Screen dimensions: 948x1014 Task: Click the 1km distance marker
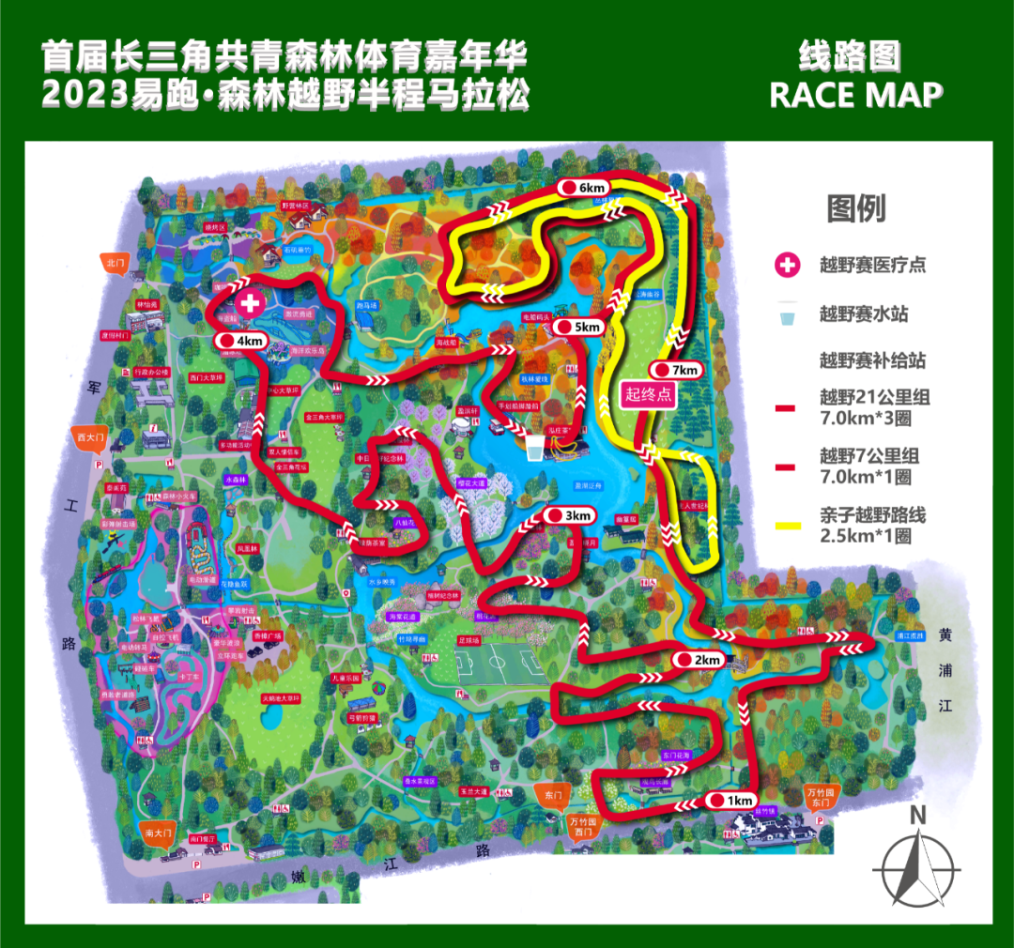pos(730,801)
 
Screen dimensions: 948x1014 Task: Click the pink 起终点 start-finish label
pos(649,394)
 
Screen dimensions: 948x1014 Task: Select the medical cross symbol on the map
pos(251,303)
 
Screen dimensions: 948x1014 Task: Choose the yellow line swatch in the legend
pos(787,526)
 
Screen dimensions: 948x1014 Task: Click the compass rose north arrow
pos(916,864)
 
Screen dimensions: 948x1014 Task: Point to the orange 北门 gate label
pos(116,264)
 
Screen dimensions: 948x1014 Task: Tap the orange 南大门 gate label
pos(156,833)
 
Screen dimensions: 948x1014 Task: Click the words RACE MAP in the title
pos(855,95)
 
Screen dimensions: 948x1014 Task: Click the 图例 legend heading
pos(855,208)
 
